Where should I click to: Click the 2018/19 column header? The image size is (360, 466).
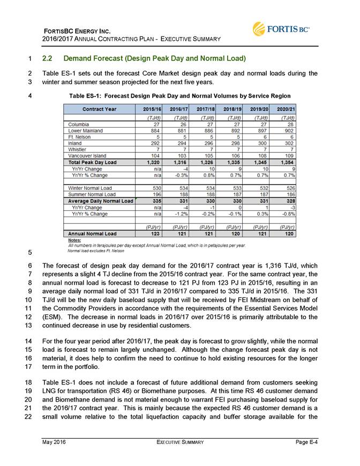[234, 108]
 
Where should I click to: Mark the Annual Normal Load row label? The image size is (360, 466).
[91, 234]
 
